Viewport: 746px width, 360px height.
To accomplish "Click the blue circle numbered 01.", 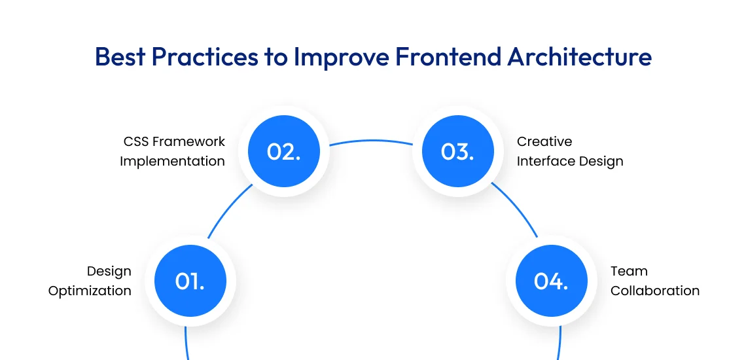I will (x=190, y=281).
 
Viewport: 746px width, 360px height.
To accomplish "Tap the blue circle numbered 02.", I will (x=283, y=152).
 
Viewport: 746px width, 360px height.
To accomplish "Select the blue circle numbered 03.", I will (x=457, y=152).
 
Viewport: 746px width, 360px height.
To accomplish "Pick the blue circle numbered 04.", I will (x=551, y=281).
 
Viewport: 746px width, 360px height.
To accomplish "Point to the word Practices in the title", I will (x=204, y=57).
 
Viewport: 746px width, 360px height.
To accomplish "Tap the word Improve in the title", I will (x=340, y=57).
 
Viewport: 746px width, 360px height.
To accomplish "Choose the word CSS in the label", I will (x=136, y=141).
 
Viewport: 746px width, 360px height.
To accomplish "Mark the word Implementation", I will (x=172, y=161).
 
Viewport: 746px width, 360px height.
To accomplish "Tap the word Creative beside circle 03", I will (x=544, y=141).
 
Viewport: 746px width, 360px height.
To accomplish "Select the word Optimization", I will (x=90, y=291).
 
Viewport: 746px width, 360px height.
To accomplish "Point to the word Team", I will (x=629, y=271).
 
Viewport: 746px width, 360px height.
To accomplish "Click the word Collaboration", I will (x=655, y=291).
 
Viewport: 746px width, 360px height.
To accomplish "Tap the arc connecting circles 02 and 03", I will (x=370, y=140).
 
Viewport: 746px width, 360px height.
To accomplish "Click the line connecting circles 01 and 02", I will (x=228, y=209).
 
